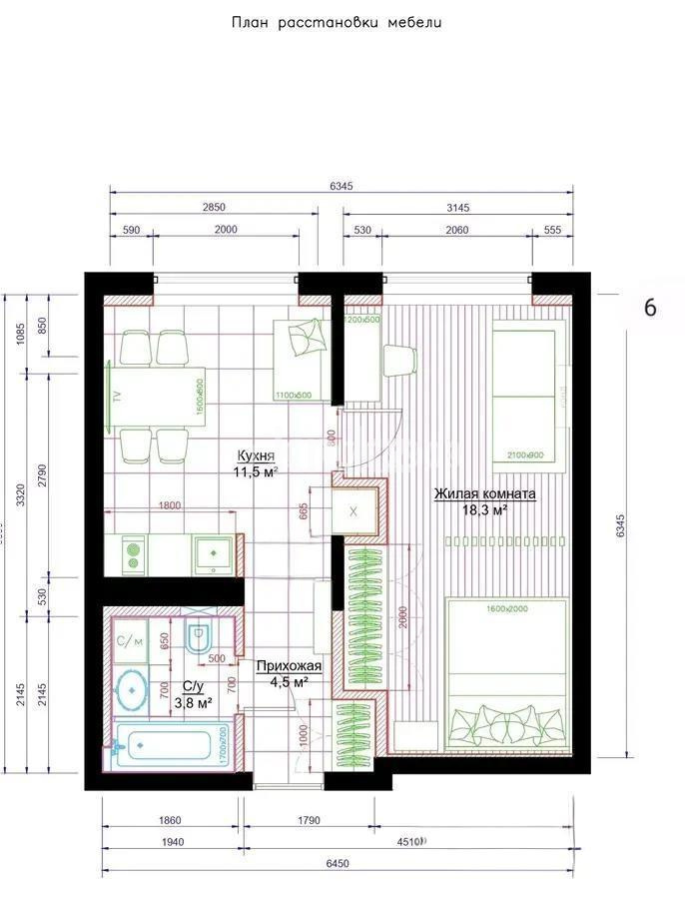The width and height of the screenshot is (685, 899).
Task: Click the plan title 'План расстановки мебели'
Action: [x=336, y=21]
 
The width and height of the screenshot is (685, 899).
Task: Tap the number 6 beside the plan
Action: [x=649, y=308]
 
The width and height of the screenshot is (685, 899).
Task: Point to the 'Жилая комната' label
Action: [x=484, y=494]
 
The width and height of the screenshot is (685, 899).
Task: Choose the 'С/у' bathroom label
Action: [x=193, y=686]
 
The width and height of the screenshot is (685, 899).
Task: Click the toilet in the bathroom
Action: [x=199, y=640]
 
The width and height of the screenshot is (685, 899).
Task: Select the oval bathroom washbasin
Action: [x=131, y=690]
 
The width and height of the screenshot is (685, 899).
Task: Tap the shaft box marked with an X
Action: [x=354, y=511]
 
